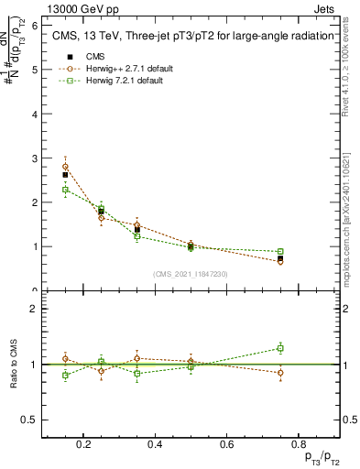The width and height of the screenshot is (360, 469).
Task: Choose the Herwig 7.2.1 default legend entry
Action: click(x=123, y=81)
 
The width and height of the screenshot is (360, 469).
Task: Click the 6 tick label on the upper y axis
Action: click(x=34, y=26)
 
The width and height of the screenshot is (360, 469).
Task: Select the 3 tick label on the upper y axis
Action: click(x=34, y=158)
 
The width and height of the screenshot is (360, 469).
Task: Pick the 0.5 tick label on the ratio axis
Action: click(x=30, y=420)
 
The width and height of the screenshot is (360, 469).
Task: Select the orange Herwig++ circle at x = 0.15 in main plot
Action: click(x=65, y=167)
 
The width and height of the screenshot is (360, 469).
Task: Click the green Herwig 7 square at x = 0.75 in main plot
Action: click(x=280, y=251)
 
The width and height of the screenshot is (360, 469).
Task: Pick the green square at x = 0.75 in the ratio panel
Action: click(x=280, y=348)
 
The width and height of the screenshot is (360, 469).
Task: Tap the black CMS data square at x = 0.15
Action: click(x=65, y=174)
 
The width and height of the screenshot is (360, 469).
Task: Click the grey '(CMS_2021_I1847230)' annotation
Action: click(x=191, y=274)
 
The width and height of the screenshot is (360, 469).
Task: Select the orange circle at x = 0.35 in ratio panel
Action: click(x=136, y=358)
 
